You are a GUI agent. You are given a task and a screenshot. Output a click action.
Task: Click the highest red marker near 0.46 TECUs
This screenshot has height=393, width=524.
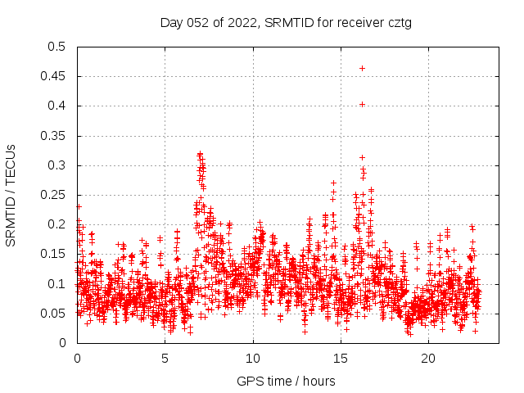[362, 68]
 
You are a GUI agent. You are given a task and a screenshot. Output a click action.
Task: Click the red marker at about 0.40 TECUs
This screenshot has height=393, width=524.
[362, 104]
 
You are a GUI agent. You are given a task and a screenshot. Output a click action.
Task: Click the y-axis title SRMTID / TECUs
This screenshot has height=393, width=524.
[11, 195]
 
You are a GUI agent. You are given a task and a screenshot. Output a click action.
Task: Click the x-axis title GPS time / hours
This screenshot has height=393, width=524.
[286, 381]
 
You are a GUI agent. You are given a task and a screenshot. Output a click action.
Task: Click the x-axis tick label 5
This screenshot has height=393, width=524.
[165, 359]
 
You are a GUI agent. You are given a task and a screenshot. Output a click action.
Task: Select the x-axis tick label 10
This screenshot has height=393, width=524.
[253, 359]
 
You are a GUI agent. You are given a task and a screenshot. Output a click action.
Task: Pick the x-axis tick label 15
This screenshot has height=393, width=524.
[341, 359]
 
